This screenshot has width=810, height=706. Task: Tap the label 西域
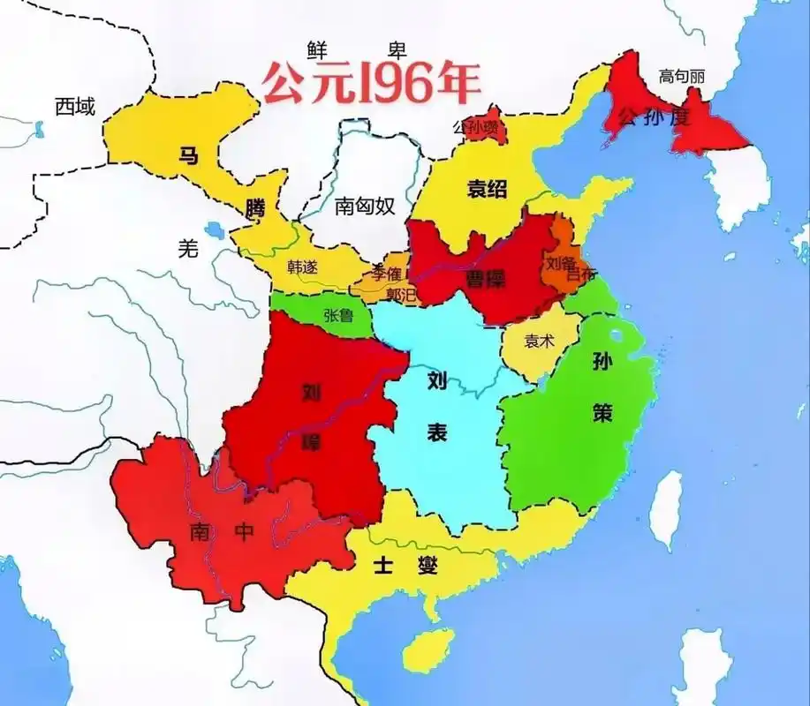[73, 107]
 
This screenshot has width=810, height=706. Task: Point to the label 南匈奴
[364, 207]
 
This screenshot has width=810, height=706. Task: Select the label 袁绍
[487, 188]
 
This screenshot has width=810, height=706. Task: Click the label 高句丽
[681, 77]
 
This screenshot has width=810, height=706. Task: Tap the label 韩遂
[302, 266]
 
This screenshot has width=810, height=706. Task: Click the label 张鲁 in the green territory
[339, 314]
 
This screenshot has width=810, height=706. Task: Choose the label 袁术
[539, 341]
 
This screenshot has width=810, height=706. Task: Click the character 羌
[187, 249]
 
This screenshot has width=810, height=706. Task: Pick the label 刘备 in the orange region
[561, 262]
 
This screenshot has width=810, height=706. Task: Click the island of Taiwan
[669, 498]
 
